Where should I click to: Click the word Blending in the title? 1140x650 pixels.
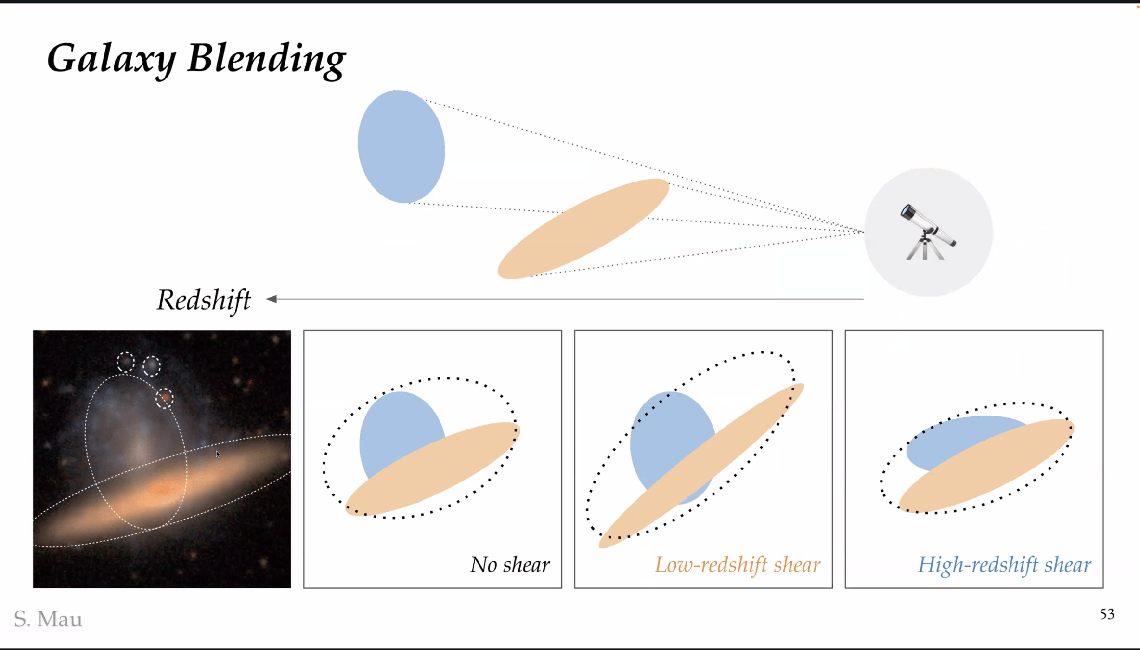coord(266,59)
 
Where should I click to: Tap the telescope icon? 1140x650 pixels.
coord(928,233)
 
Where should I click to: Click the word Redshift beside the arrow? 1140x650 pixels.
coord(204,300)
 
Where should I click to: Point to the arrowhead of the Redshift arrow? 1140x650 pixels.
coord(272,299)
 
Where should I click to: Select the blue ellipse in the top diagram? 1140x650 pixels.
coord(401,146)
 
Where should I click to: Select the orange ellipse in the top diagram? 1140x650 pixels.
coord(583,229)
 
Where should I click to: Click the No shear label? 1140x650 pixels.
coord(509,565)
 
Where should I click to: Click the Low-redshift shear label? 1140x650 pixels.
coord(737,565)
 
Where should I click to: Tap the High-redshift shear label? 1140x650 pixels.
coord(1004,565)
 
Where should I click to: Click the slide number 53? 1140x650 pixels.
coord(1107,614)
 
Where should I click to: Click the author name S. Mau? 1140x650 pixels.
coord(48,619)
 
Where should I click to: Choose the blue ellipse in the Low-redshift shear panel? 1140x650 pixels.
coord(664,433)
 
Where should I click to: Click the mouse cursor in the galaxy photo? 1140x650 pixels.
coord(218,454)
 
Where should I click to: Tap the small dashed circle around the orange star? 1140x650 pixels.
coord(165,398)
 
